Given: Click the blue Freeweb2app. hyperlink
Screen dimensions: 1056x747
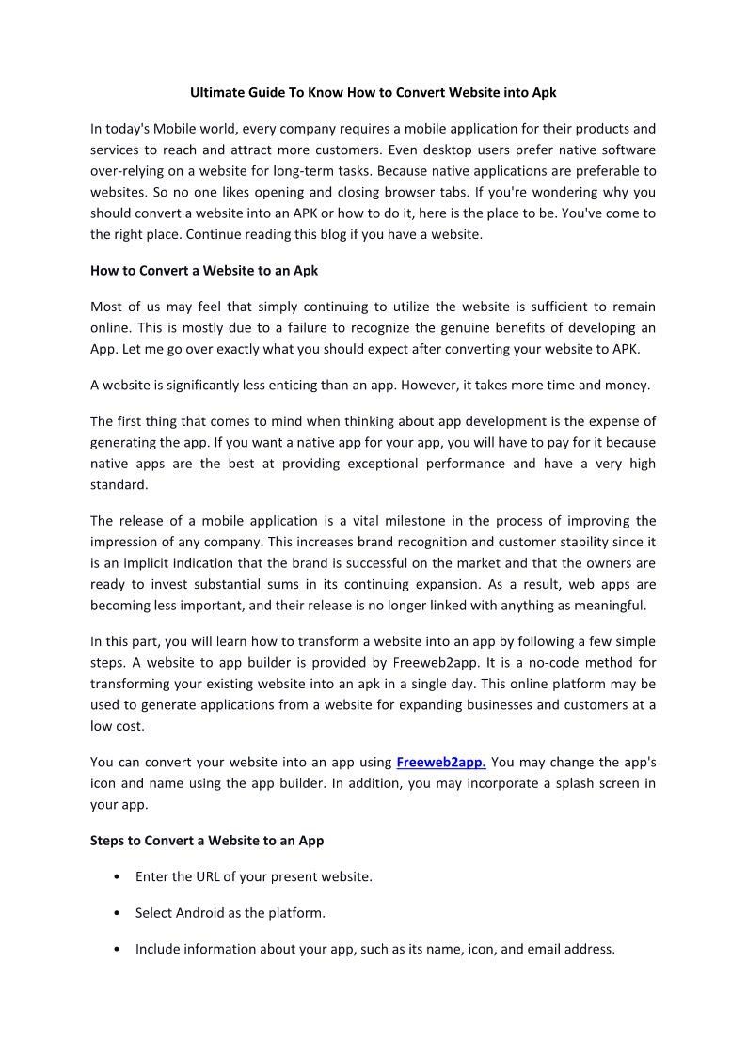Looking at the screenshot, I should coord(441,762).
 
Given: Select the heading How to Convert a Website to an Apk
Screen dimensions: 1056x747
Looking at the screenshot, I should coord(204,271).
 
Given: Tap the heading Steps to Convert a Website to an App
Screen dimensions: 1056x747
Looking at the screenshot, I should coord(207,840).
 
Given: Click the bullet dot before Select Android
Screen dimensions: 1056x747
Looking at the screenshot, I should coord(115,913).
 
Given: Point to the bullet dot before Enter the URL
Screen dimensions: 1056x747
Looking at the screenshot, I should coord(115,877).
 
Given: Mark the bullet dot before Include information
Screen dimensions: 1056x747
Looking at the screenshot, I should coord(115,949).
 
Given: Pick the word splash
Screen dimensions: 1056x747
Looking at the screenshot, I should coord(545,783).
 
